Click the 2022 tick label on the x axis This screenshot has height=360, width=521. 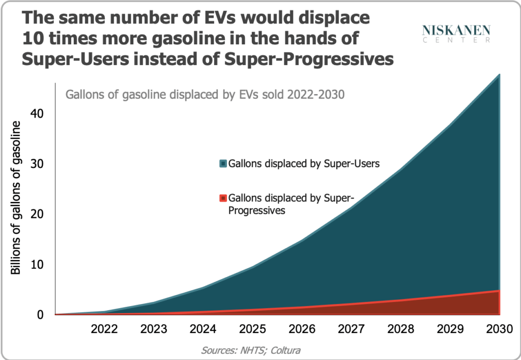pos(104,329)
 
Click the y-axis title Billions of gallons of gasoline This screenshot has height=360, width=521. pos(16,199)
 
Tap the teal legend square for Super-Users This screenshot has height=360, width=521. pos(223,164)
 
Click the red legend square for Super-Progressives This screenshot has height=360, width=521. pos(223,198)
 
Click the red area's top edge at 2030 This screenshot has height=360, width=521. pos(499,291)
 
